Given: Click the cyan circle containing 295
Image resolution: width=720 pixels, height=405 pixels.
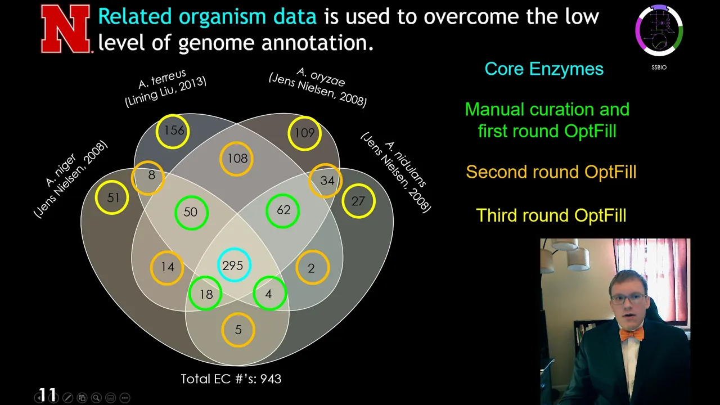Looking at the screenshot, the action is point(218,265).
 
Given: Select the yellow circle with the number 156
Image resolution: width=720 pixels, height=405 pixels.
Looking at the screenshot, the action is point(157,132).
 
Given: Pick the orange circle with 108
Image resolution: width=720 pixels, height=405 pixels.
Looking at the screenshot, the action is point(221,159).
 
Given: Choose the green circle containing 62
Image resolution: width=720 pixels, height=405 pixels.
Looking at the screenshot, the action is point(267,211).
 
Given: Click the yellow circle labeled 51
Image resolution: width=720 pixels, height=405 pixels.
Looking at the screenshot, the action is point(96,197).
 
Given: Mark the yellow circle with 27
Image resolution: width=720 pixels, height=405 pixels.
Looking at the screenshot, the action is point(343,201).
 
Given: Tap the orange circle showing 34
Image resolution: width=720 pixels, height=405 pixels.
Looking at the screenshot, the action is point(310,181).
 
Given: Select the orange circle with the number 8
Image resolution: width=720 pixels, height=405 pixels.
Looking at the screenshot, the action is point(132,178).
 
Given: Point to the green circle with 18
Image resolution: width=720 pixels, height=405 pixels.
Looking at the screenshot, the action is point(190,293).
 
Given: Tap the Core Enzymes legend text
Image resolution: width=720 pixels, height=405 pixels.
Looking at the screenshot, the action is point(544,69).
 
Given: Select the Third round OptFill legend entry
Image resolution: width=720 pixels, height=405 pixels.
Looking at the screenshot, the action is point(551,215).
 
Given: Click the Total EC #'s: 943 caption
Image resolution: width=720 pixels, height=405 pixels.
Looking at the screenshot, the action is point(231,379).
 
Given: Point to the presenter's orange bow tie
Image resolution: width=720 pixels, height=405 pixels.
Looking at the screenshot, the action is point(632,334).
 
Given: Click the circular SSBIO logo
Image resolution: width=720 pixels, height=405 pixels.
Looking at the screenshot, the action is point(659,30).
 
